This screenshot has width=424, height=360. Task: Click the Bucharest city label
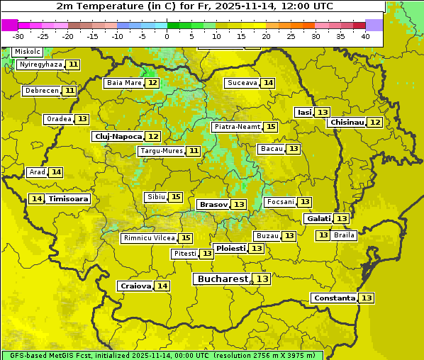[222, 279]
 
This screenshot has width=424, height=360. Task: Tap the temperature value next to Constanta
[367, 298]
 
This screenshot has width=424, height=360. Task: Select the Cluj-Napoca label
[118, 136]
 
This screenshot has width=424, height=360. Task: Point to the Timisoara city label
[68, 199]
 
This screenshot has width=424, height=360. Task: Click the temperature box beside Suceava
[268, 83]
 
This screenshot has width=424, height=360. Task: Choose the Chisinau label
[347, 122]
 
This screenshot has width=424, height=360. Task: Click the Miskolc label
[28, 52]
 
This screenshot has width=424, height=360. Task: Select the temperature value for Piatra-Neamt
[271, 127]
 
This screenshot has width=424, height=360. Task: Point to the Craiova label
[135, 286]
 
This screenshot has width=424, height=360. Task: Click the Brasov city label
[213, 204]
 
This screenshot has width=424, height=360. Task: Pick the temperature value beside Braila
[323, 235]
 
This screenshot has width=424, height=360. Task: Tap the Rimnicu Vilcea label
[148, 238]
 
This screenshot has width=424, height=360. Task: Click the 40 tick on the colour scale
[365, 36]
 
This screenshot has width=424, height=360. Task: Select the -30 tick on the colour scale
[18, 36]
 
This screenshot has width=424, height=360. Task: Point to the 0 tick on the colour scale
[167, 36]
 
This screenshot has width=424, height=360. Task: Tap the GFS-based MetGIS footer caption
[162, 355]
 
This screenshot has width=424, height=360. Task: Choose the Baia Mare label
[124, 83]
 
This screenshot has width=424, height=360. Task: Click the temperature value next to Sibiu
[176, 197]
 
